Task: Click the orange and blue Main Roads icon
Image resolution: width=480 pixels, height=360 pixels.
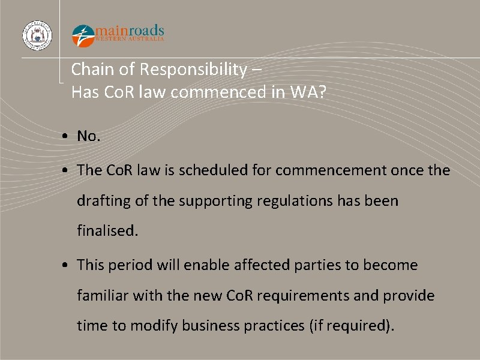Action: click(83, 35)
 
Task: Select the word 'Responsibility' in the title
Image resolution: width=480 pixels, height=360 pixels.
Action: click(193, 70)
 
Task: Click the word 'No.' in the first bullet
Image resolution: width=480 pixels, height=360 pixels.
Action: click(89, 137)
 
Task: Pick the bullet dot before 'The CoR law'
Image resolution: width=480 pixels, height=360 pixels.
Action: click(64, 171)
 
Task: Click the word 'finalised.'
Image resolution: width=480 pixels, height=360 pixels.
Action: click(107, 230)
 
